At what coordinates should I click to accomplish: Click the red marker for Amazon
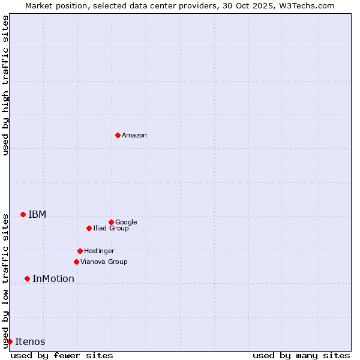(118, 135)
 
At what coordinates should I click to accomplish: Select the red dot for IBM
(23, 214)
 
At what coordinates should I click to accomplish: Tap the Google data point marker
(111, 222)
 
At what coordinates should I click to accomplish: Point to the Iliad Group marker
(89, 228)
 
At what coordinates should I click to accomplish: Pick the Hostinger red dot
(80, 251)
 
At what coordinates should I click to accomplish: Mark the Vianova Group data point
(76, 262)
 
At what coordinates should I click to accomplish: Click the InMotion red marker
(27, 278)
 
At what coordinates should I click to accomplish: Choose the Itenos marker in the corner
(10, 341)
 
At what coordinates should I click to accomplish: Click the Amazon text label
(134, 136)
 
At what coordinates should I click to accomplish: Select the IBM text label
(37, 215)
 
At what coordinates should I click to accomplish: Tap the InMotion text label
(53, 279)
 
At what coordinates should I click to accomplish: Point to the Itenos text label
(30, 342)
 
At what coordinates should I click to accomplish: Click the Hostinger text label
(99, 251)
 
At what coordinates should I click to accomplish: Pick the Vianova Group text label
(104, 262)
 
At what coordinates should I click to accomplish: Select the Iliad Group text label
(111, 229)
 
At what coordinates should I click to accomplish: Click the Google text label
(126, 223)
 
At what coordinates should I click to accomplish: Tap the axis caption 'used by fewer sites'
(62, 355)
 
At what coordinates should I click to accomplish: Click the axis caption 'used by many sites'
(301, 355)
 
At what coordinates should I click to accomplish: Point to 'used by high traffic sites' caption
(5, 85)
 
